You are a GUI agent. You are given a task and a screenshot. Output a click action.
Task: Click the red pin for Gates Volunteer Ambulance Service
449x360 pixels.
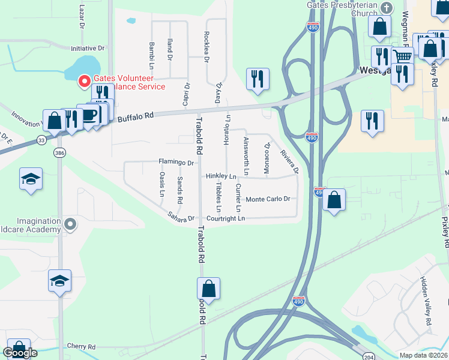tap(85, 80)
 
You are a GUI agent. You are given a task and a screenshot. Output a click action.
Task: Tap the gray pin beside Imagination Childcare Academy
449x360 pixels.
tap(71, 224)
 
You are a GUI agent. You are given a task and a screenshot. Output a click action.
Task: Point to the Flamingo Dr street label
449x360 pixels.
tap(176, 162)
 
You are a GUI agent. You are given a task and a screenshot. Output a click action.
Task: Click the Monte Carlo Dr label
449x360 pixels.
tap(268, 199)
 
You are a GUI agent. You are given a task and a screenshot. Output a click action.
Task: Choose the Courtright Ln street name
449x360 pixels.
tap(225, 218)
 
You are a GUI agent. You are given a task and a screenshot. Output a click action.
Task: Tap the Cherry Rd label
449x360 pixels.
tap(81, 347)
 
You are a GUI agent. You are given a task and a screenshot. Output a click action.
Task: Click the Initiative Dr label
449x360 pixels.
tap(88, 48)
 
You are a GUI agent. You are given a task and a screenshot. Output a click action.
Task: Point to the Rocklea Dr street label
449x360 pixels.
tap(206, 47)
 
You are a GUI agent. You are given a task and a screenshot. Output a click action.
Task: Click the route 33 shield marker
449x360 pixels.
tap(41, 140)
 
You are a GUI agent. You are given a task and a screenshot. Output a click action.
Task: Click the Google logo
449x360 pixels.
tap(20, 353)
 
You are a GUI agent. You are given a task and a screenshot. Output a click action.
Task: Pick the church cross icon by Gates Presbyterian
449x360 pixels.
tap(387, 8)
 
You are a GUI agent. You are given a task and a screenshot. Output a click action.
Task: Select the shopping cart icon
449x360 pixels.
tap(402, 56)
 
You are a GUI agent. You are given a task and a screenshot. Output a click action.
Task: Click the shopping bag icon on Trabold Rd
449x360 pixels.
tap(208, 288)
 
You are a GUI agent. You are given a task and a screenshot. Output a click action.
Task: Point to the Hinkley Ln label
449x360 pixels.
tap(221, 176)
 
